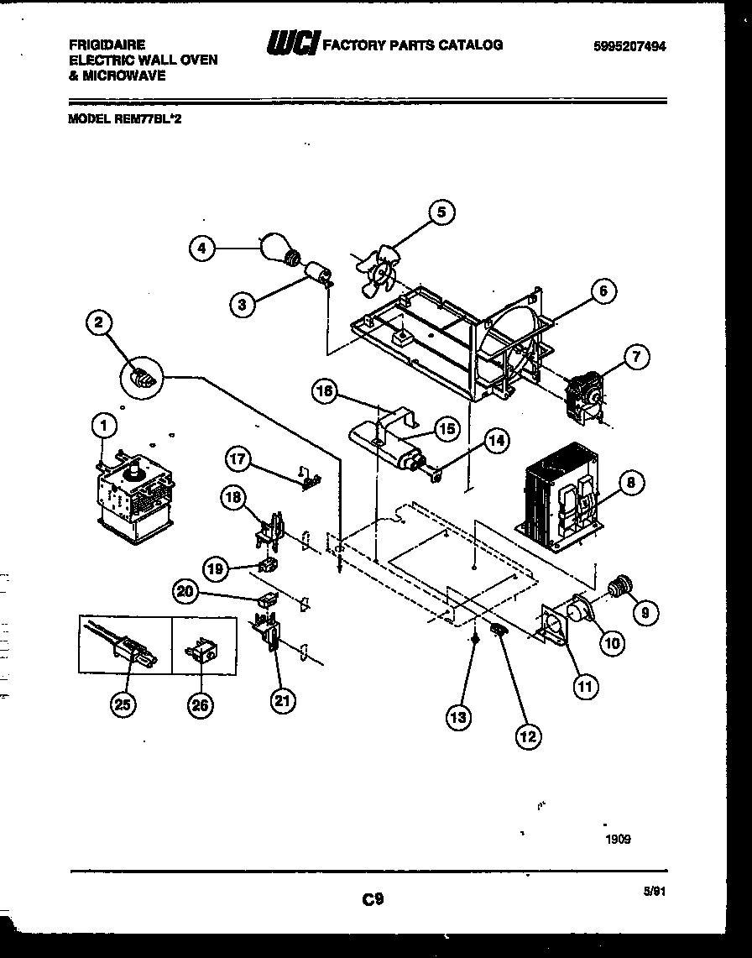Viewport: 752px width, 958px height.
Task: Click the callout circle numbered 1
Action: pyautogui.click(x=102, y=427)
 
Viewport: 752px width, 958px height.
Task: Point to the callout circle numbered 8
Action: pyautogui.click(x=632, y=482)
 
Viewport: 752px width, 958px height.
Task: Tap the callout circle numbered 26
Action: pyautogui.click(x=201, y=704)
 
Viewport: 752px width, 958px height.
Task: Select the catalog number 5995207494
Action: pyautogui.click(x=629, y=48)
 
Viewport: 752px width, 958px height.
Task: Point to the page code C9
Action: pyautogui.click(x=373, y=899)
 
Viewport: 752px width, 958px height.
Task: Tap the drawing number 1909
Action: pyautogui.click(x=617, y=839)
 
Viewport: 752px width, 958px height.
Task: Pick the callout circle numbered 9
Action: pyautogui.click(x=645, y=614)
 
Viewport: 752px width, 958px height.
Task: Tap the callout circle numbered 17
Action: pyautogui.click(x=238, y=459)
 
